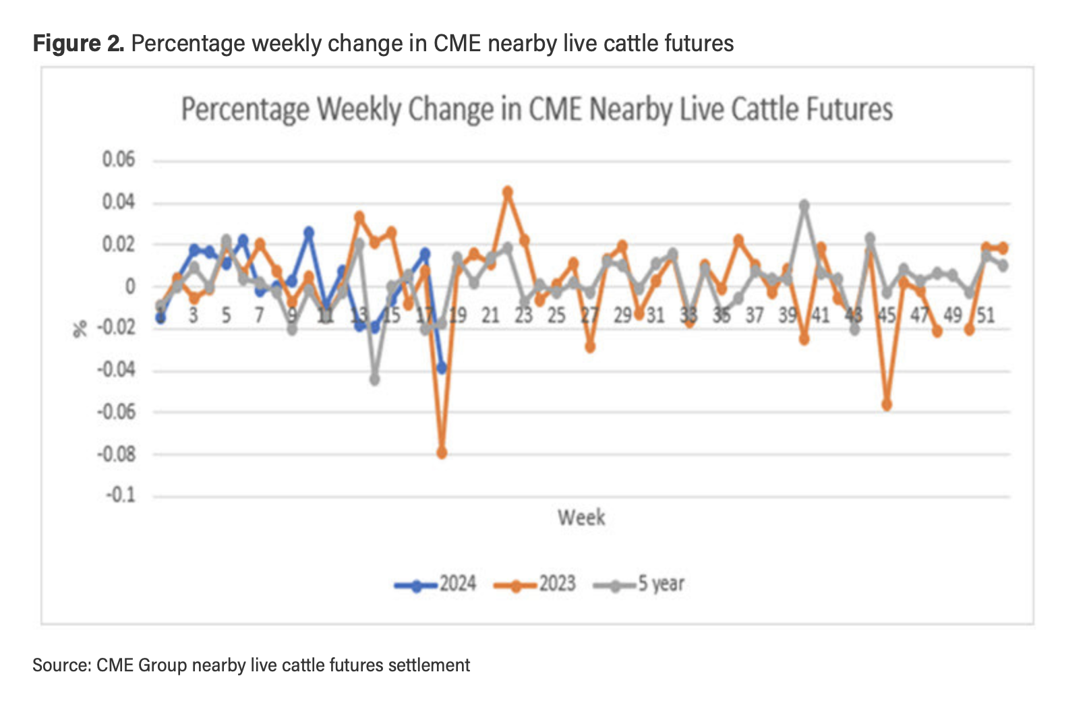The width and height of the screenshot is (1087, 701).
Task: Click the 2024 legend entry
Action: pos(436,584)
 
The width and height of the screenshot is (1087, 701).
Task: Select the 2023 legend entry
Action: pos(535,584)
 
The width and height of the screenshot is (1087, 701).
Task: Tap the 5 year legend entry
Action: pos(640,584)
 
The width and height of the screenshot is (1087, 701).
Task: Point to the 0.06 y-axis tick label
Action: pos(119,160)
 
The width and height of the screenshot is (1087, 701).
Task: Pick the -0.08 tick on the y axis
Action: pos(116,454)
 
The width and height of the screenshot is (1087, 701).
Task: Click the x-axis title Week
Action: pos(581,518)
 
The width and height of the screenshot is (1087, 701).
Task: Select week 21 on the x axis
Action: pos(490,315)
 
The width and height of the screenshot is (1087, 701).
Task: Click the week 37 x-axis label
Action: pos(754,315)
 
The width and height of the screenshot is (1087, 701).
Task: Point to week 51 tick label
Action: pos(986,315)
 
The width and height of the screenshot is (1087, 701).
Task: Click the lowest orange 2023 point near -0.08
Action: pos(442,453)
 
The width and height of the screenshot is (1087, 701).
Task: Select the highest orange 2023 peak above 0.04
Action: pos(508,192)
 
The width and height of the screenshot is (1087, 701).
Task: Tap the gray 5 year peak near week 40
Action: pos(804,205)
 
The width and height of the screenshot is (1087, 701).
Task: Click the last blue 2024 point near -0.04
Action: pos(442,368)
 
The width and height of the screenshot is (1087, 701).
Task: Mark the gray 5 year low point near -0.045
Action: pos(375,379)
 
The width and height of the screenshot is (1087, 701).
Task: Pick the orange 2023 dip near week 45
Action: pos(887,405)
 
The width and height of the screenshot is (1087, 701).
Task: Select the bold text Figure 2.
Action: pos(78,44)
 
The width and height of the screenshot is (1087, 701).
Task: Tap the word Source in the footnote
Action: pos(61,665)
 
